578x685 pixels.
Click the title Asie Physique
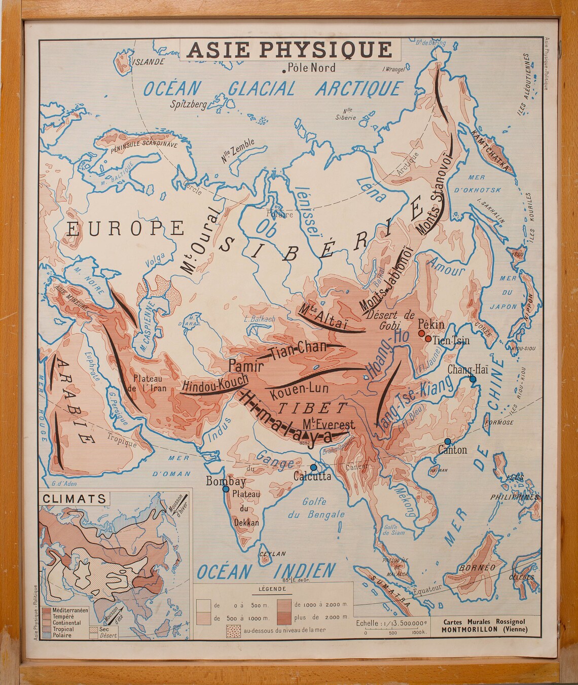coord(289,49)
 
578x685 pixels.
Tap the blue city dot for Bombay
coord(225,489)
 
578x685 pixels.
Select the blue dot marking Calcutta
coord(313,467)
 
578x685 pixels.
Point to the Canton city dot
coord(447,441)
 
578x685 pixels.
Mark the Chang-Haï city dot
coord(473,379)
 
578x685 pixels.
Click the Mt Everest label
coord(330,425)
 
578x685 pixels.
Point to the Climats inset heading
coord(74,498)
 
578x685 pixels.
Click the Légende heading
coord(272,589)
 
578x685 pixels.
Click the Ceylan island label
coord(273,554)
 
